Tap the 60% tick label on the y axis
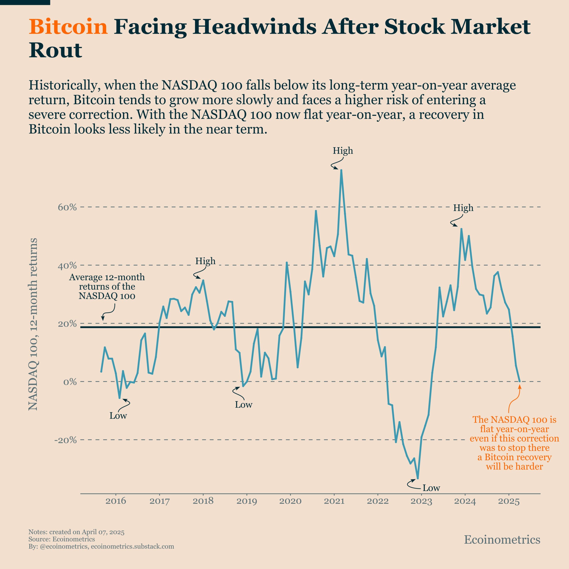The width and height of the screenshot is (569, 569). click(x=67, y=207)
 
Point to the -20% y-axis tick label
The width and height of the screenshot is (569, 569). click(x=65, y=440)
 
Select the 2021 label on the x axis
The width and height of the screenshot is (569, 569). click(x=334, y=501)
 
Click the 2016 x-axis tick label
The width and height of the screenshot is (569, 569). click(x=116, y=501)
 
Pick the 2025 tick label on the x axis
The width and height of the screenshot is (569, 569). click(x=509, y=501)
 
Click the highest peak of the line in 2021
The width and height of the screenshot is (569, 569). click(x=341, y=170)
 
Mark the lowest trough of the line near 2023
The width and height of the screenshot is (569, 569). click(x=418, y=478)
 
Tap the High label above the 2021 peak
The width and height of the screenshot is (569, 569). click(x=343, y=151)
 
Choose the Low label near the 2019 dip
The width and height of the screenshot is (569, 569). click(x=244, y=405)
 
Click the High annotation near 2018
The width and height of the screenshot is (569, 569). click(x=205, y=261)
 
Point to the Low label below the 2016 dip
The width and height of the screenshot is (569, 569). click(x=118, y=416)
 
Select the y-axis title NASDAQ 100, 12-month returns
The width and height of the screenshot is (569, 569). click(x=33, y=324)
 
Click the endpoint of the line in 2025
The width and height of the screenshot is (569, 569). click(x=519, y=382)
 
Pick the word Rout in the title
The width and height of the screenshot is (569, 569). click(x=55, y=50)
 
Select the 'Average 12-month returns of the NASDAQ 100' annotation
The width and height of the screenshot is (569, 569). click(x=107, y=286)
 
